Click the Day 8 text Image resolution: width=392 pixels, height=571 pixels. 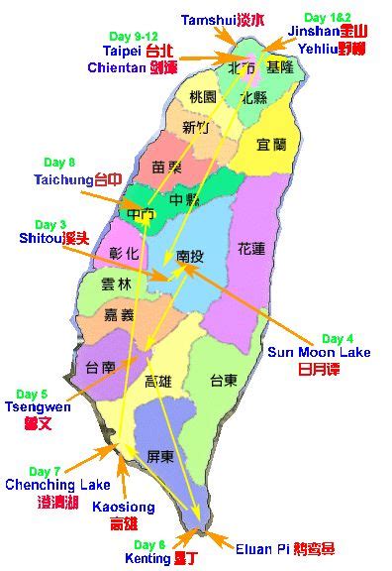59,162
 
